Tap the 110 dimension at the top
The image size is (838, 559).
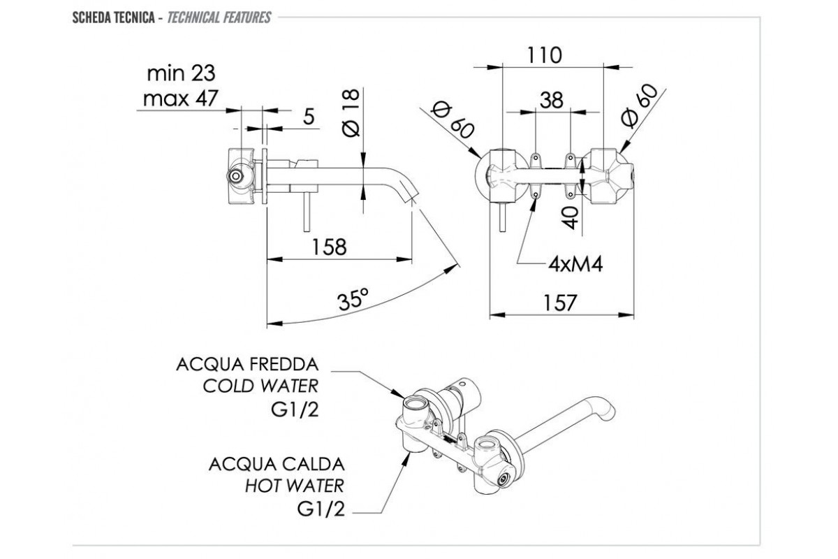click(545, 55)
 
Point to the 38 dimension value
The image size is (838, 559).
click(552, 101)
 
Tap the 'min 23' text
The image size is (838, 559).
click(180, 73)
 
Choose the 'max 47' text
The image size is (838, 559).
click(179, 99)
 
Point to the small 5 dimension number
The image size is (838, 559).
click(308, 117)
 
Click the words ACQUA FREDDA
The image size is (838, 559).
click(248, 365)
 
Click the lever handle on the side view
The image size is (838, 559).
click(305, 212)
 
